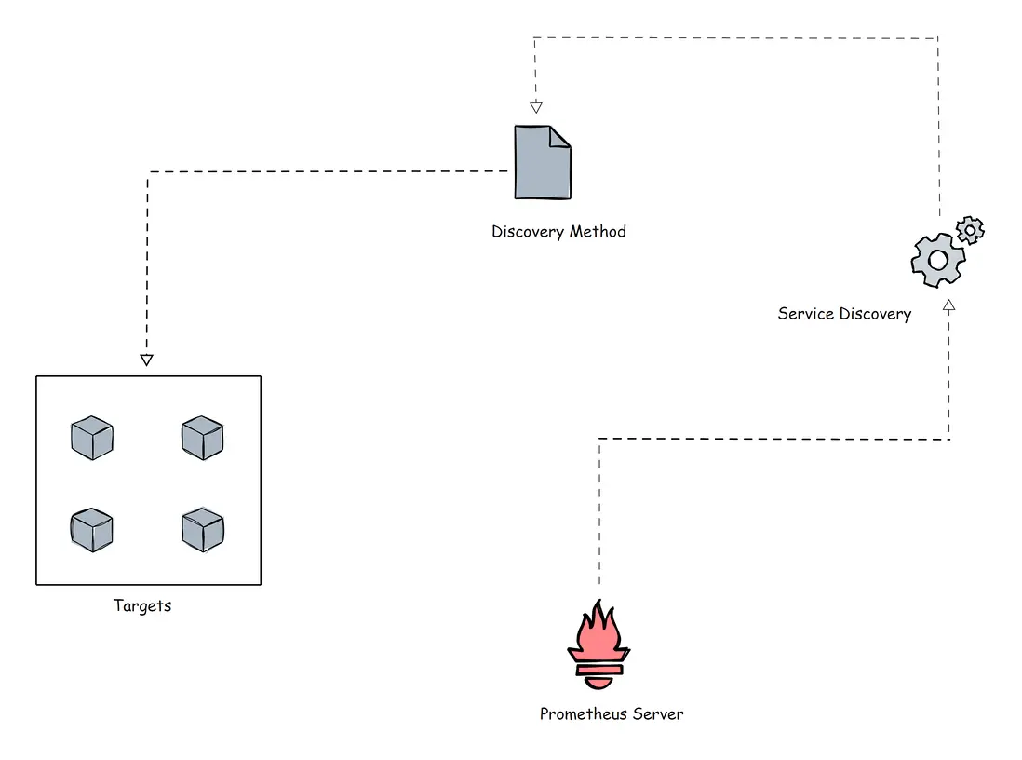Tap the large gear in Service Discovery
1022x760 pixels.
[x=936, y=260]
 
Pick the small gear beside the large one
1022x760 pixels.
[x=971, y=228]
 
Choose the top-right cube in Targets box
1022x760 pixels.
[x=202, y=438]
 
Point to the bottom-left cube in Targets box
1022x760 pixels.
[x=92, y=530]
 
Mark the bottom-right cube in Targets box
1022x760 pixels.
[x=202, y=530]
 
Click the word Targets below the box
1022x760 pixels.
[x=142, y=605]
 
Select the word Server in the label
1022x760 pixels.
[x=659, y=714]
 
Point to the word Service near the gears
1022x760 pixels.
[x=806, y=314]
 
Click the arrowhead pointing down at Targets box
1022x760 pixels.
[x=146, y=360]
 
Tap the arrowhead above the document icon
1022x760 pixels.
[x=535, y=106]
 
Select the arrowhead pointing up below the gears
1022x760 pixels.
[x=948, y=305]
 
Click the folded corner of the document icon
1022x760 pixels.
[x=559, y=137]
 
